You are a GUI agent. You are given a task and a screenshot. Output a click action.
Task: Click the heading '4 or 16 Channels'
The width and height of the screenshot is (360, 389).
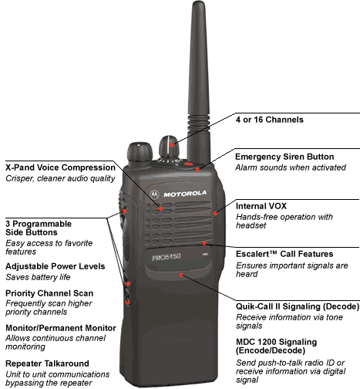(270, 120)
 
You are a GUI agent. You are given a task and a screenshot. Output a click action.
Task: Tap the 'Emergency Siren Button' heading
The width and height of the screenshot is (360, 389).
(284, 157)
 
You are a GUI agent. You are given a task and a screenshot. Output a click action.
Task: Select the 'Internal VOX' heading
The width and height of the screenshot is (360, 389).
(261, 206)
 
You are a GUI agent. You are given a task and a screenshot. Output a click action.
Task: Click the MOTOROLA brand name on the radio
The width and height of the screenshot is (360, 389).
(185, 194)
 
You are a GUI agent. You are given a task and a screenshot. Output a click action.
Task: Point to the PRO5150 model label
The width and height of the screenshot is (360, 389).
(167, 257)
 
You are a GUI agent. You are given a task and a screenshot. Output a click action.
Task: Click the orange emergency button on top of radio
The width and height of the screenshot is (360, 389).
(189, 164)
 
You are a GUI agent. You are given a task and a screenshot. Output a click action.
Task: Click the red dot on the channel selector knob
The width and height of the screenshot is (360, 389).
(172, 145)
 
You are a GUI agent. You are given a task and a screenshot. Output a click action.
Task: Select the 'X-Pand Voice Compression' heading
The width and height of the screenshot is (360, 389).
(60, 167)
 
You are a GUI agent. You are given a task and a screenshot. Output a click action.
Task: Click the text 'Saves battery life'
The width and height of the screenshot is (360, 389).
(38, 277)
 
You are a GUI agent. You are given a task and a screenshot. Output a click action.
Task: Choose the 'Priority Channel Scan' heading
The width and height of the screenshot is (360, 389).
(49, 293)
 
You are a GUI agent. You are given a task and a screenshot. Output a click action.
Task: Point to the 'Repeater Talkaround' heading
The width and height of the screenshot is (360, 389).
(47, 364)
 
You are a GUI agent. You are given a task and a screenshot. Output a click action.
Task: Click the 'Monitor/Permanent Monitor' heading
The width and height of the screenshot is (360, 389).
(61, 328)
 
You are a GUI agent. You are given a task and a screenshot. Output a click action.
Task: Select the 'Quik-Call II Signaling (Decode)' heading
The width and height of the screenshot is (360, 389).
(298, 306)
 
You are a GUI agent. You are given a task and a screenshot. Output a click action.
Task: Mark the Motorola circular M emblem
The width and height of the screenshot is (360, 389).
(154, 194)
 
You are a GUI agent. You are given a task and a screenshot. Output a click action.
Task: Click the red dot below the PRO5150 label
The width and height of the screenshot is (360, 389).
(181, 275)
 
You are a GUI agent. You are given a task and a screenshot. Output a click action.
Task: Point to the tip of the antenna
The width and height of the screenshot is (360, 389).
(198, 2)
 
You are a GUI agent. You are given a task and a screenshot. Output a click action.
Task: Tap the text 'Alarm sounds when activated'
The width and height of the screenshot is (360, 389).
(291, 167)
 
